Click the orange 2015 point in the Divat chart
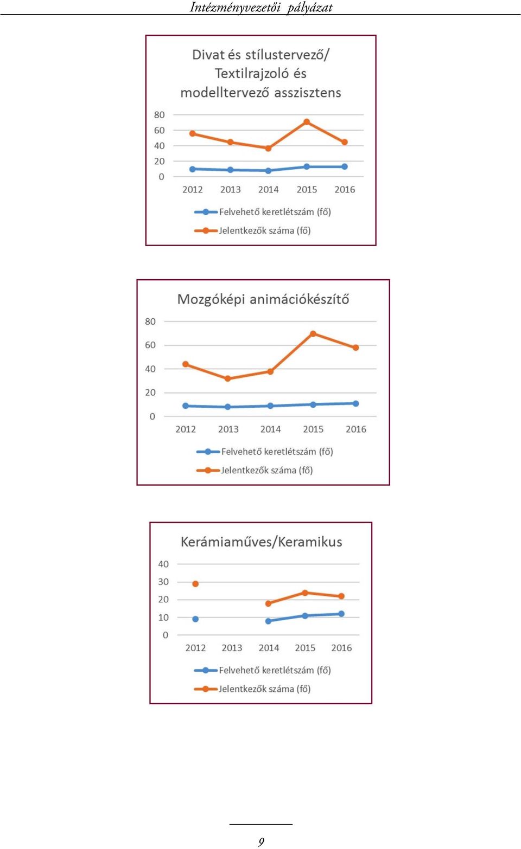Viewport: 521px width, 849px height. (x=307, y=122)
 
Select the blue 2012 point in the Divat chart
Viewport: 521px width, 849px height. (x=192, y=169)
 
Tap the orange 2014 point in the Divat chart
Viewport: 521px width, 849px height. (x=268, y=148)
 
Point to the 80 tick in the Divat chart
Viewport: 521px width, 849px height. (x=160, y=115)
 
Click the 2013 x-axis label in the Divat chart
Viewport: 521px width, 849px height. (x=230, y=190)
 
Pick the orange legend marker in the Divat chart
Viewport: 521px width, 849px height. (x=205, y=230)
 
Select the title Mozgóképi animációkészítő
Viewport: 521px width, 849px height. (x=263, y=299)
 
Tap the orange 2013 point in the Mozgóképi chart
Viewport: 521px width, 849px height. (x=228, y=378)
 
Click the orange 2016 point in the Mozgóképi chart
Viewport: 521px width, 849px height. (x=355, y=348)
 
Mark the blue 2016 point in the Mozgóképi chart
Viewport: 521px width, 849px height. (x=355, y=404)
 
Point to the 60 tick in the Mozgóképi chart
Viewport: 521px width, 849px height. (x=150, y=345)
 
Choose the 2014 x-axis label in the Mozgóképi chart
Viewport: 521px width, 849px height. (x=271, y=429)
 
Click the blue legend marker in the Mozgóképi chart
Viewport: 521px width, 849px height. (x=207, y=452)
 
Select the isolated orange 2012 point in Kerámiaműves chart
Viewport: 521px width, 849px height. (x=195, y=584)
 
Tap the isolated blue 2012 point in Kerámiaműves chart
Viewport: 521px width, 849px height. (x=195, y=619)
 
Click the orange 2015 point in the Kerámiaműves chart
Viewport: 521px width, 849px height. (x=305, y=593)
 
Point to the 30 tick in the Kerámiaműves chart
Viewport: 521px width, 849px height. (x=163, y=582)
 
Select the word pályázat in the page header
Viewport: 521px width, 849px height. (x=310, y=8)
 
